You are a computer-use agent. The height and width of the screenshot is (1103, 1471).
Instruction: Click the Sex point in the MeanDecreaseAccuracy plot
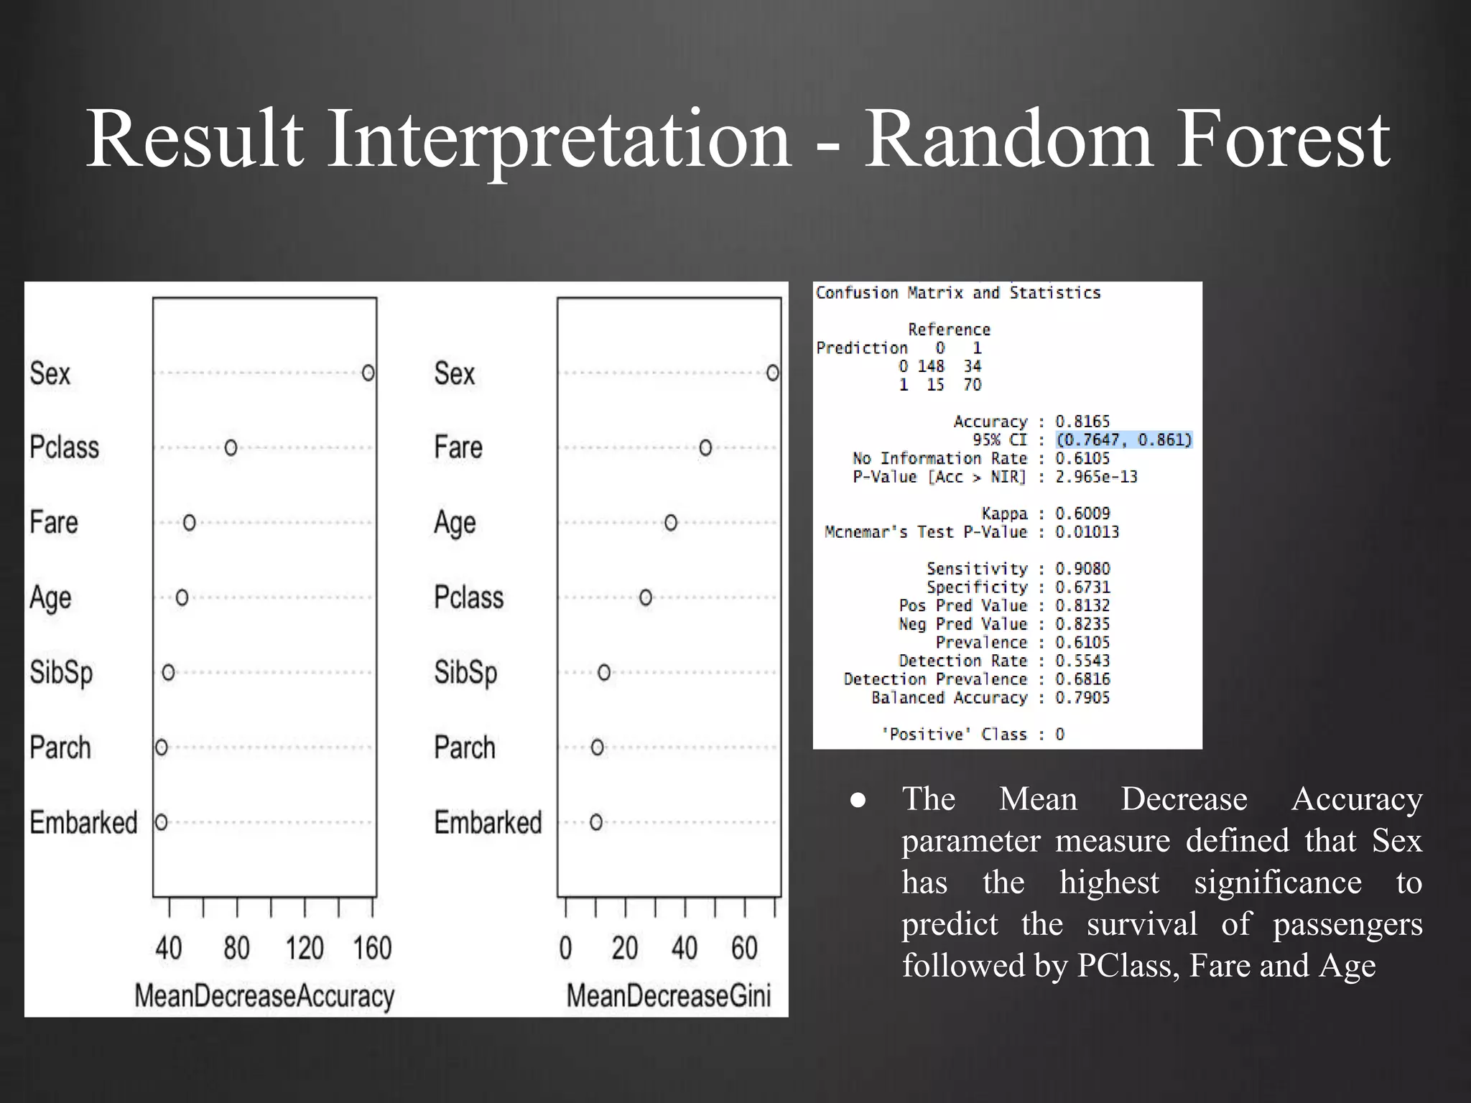coord(368,373)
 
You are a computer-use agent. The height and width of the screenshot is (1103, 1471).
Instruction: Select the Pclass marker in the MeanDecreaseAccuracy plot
coord(231,447)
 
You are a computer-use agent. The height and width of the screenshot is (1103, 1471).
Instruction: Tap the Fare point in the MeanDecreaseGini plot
coord(705,447)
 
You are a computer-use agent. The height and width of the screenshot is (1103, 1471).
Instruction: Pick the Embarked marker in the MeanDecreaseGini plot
coord(596,822)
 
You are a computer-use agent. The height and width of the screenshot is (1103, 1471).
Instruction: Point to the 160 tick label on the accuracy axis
coord(372,949)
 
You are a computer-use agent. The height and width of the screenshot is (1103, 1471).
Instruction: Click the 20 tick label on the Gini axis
coord(625,949)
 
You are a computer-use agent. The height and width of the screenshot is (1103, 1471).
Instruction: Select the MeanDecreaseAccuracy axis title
coord(264,996)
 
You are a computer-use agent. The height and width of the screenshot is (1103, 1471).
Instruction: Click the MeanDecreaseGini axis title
coord(669,996)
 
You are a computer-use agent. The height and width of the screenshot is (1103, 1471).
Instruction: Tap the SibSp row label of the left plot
coord(62,673)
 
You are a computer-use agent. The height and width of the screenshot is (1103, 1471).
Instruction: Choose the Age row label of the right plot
coord(455,523)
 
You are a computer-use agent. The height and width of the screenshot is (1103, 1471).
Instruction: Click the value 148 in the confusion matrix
coord(930,366)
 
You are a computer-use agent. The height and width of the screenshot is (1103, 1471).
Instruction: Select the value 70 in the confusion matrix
coord(972,385)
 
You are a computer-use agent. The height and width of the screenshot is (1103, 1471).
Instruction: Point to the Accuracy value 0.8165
coord(1082,422)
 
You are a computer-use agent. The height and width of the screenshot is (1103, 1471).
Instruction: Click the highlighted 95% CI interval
coord(1124,439)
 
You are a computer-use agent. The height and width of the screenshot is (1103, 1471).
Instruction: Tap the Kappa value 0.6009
coord(1082,513)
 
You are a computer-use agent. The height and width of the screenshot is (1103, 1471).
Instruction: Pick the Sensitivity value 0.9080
coord(1082,569)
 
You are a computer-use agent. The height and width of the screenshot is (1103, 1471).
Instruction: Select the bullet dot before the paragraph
coord(858,800)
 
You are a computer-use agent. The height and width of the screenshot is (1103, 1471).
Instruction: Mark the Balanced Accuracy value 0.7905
coord(1082,697)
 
